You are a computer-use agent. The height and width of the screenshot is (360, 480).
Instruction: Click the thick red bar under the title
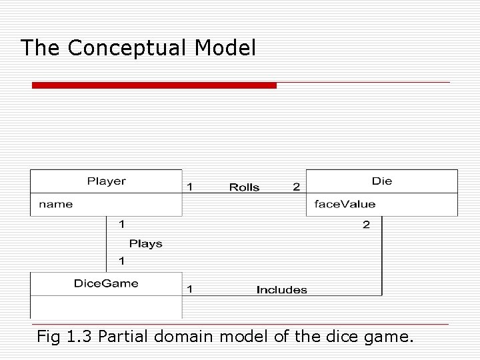154,85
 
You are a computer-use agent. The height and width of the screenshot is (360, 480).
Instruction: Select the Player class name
107,181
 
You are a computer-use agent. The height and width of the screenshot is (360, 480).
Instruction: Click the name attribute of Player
56,204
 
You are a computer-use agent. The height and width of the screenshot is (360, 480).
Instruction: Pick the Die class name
382,181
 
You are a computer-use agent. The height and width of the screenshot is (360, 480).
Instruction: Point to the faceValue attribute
345,204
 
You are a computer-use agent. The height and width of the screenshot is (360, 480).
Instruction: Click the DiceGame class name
107,283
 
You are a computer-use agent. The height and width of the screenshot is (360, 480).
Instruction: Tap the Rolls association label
244,187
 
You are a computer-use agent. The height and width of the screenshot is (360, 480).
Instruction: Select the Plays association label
146,243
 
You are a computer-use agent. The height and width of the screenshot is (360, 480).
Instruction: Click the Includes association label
282,289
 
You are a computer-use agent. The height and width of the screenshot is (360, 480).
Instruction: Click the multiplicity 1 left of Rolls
191,187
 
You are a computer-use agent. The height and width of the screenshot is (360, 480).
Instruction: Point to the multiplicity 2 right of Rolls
296,187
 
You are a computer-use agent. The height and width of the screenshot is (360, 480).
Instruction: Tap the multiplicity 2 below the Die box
366,225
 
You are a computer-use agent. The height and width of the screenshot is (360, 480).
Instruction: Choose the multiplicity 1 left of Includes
191,289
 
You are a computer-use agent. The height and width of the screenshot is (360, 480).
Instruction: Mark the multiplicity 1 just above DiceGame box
121,260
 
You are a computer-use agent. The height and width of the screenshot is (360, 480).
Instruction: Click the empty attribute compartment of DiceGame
107,307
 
